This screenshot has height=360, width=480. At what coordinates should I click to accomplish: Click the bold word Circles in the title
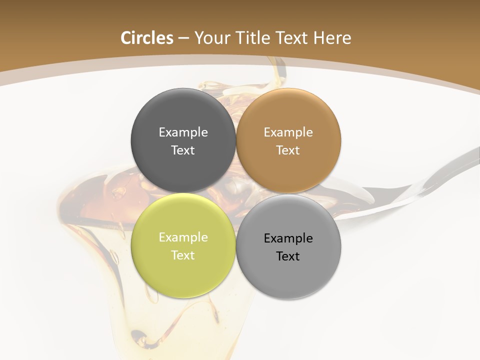[x=147, y=38]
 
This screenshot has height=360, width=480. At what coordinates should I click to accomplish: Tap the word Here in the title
[x=332, y=38]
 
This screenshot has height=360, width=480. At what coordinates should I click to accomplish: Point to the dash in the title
[x=183, y=38]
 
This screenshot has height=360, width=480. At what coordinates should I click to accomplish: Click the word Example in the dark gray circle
[x=183, y=132]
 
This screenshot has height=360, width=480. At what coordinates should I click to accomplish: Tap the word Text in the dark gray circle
[x=183, y=150]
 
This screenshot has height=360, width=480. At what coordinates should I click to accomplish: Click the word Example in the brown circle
[x=288, y=132]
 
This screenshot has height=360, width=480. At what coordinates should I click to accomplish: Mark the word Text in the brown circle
[x=288, y=150]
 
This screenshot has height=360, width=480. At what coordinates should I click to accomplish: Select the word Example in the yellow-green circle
[x=183, y=237]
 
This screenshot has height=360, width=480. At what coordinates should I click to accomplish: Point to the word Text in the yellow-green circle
[x=183, y=255]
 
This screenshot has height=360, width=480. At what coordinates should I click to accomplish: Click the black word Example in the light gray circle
[x=288, y=238]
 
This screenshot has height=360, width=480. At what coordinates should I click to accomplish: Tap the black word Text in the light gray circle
[x=288, y=256]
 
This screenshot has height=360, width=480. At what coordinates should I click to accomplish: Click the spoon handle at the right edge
[x=450, y=170]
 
